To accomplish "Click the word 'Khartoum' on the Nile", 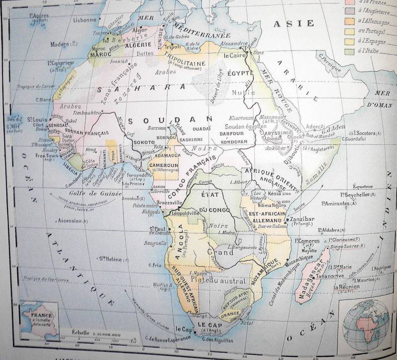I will (x=242, y=118).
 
